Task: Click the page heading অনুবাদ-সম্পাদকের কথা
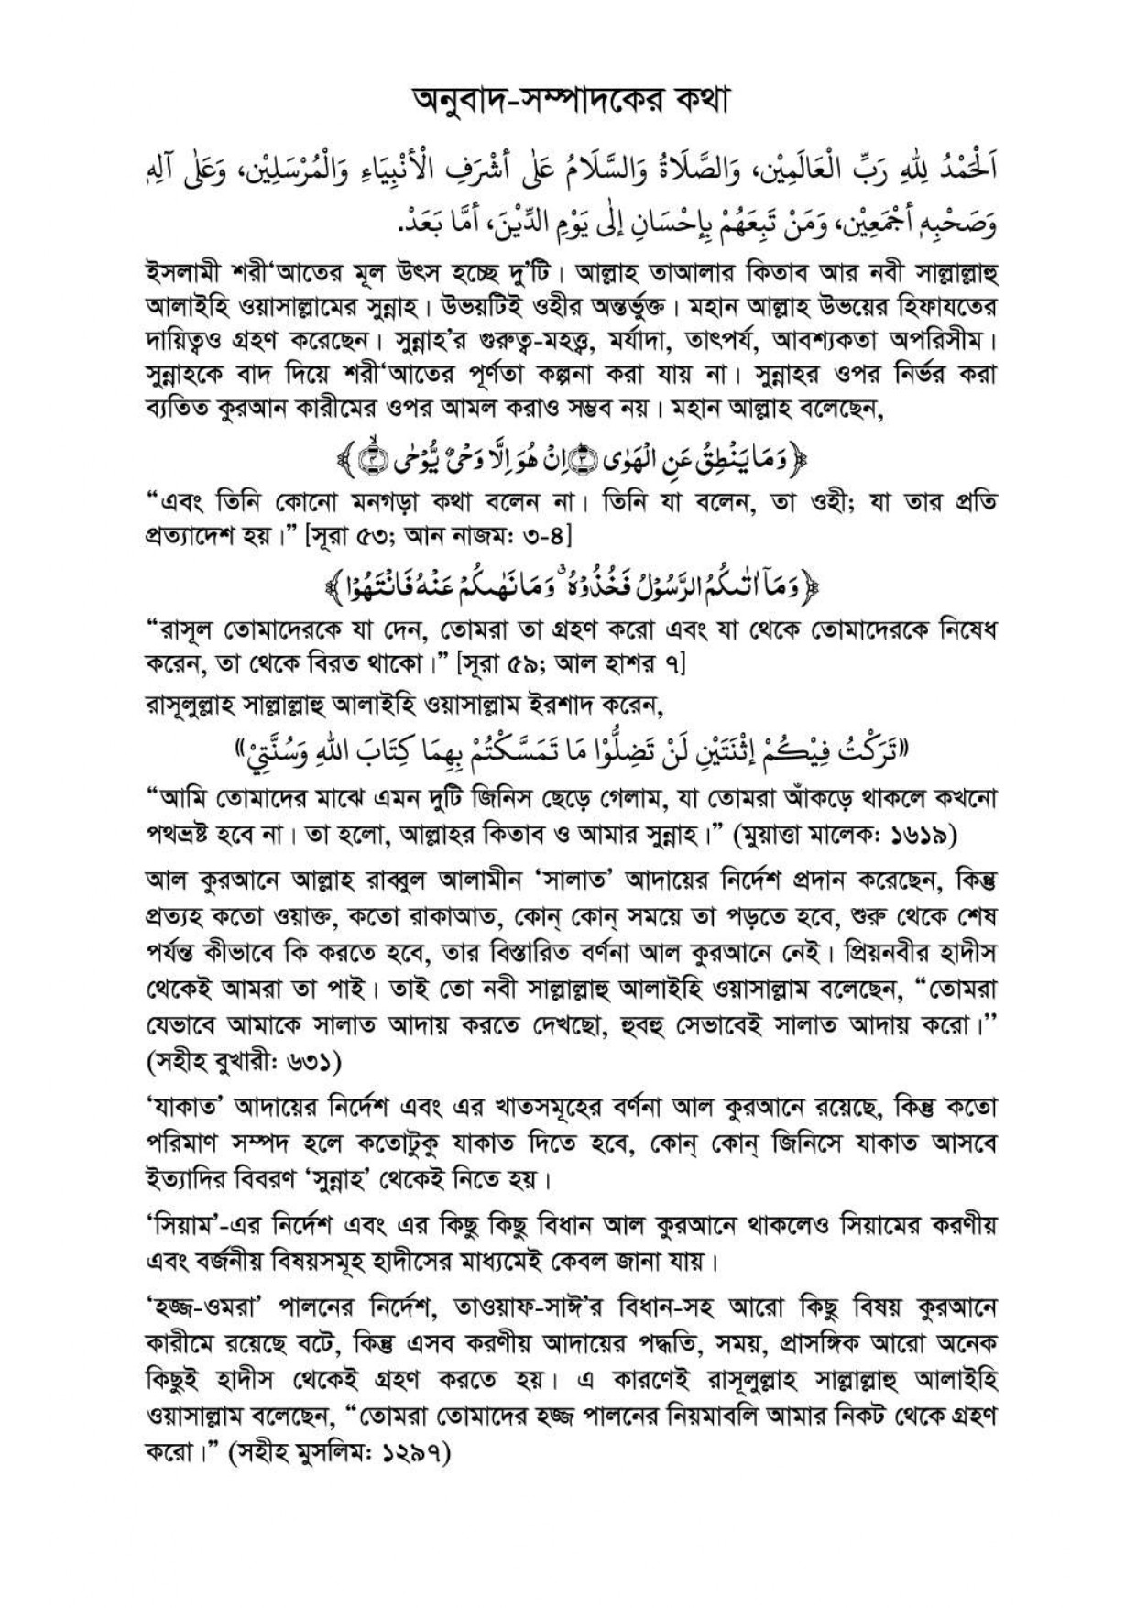coord(567,100)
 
